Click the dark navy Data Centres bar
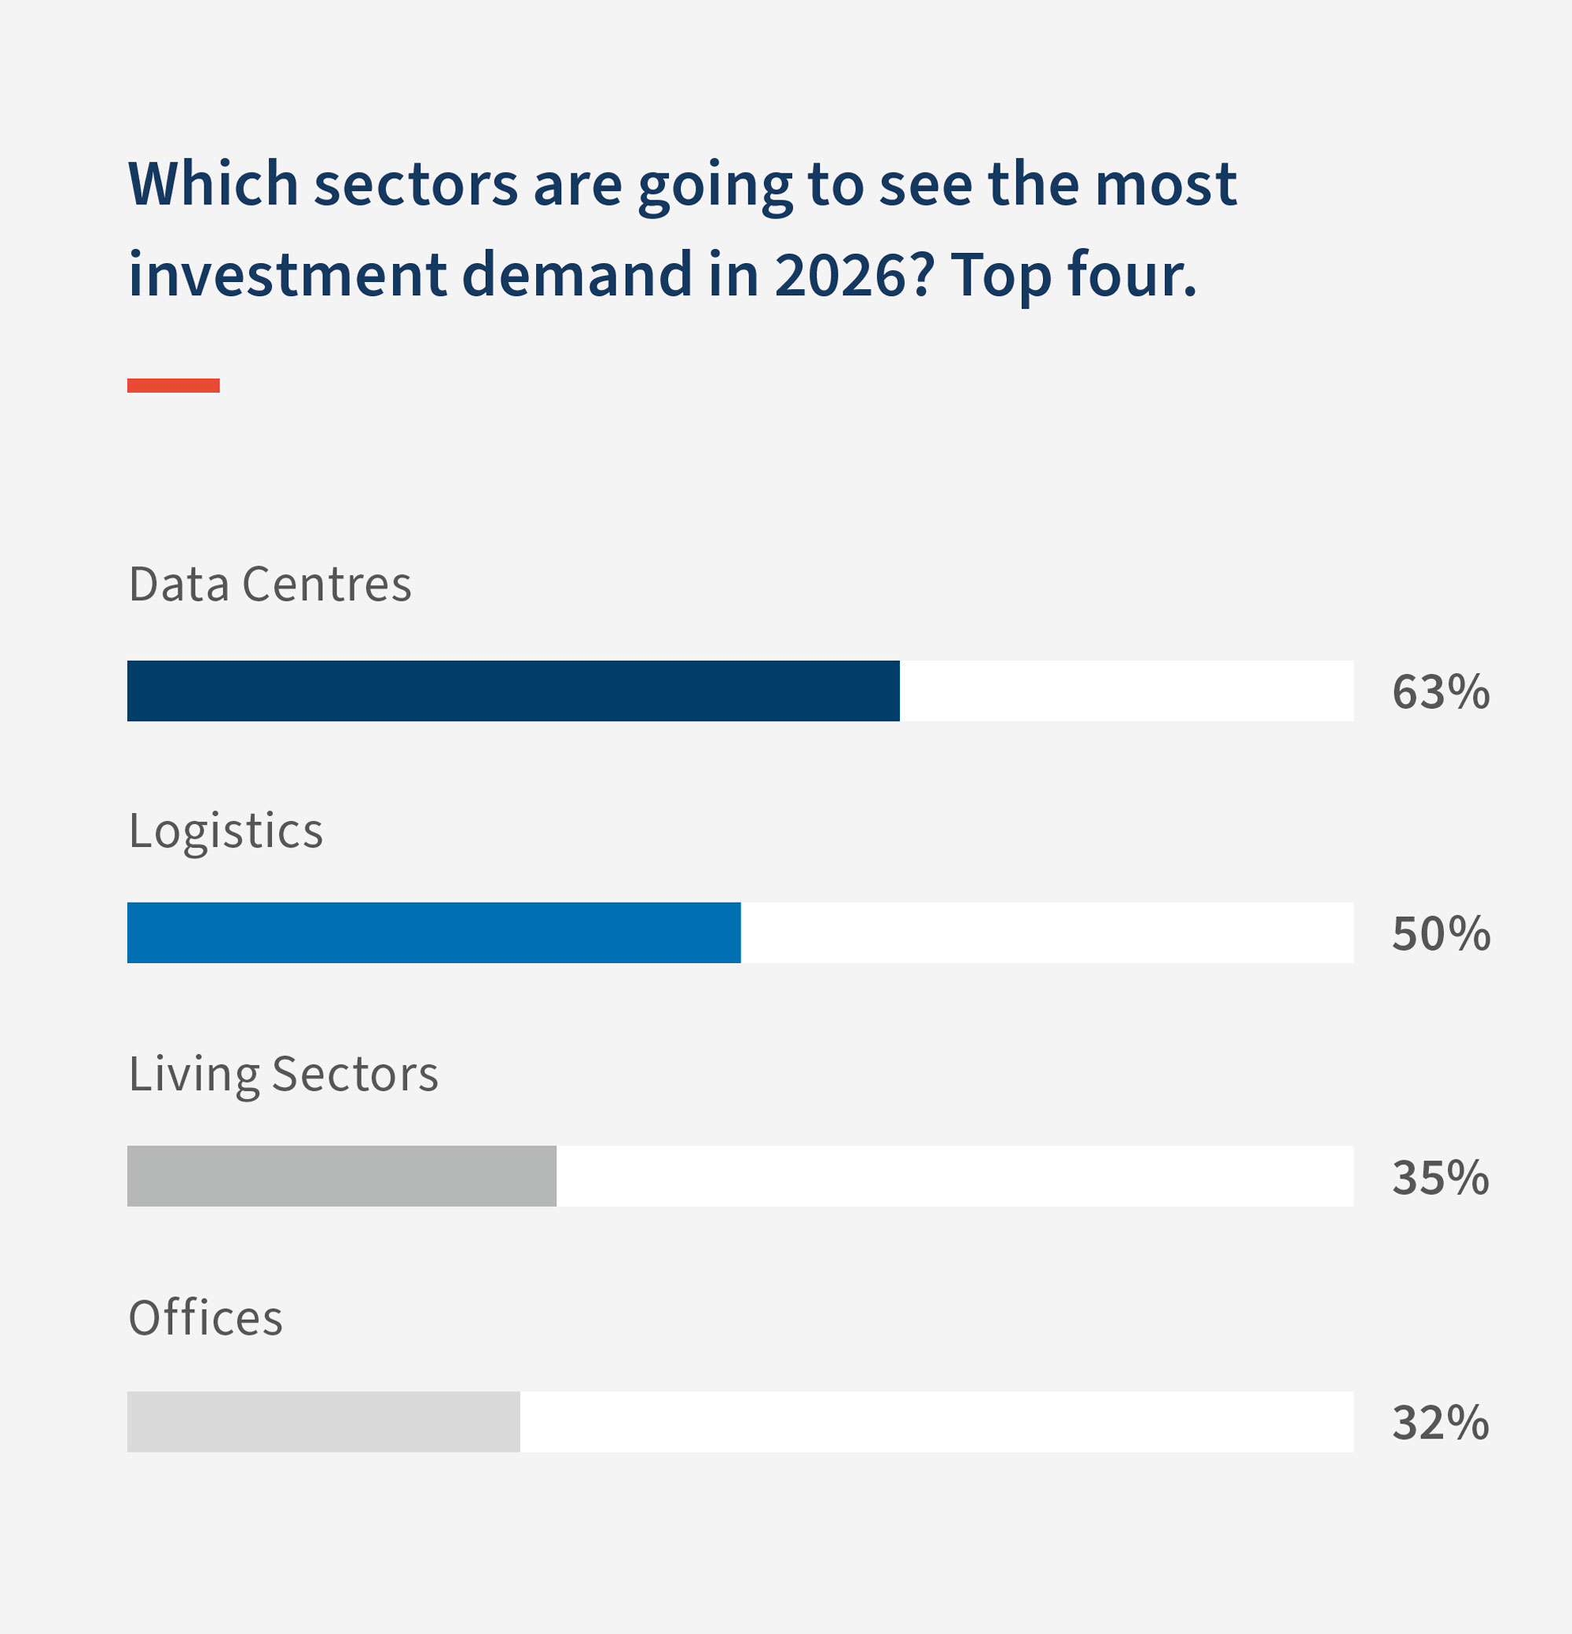tap(513, 691)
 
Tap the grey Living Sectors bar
tap(341, 1175)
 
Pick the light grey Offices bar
tap(323, 1421)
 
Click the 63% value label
tap(1440, 692)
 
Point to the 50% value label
tap(1440, 934)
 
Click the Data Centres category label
tap(270, 584)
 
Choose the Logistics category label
tap(225, 831)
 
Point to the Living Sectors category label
tap(283, 1074)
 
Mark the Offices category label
tap(205, 1318)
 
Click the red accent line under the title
tap(174, 385)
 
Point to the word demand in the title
tap(576, 275)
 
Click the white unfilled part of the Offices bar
tap(934, 1421)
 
